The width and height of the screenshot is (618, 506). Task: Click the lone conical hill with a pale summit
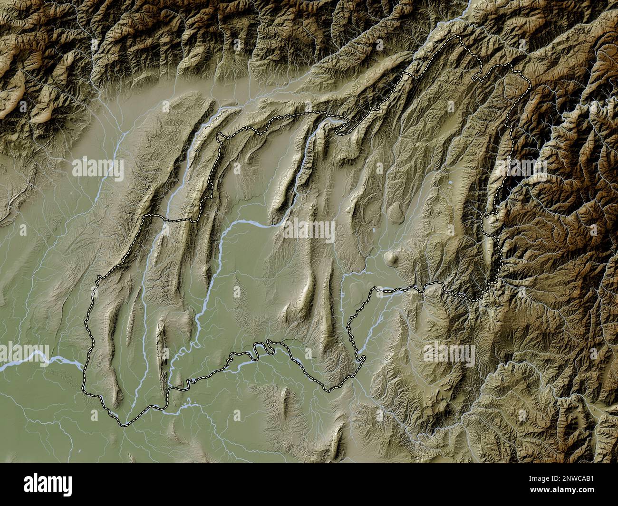tap(392, 258)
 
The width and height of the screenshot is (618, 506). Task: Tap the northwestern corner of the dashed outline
tap(218, 136)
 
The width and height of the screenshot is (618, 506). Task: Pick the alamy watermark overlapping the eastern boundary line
tap(523, 166)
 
